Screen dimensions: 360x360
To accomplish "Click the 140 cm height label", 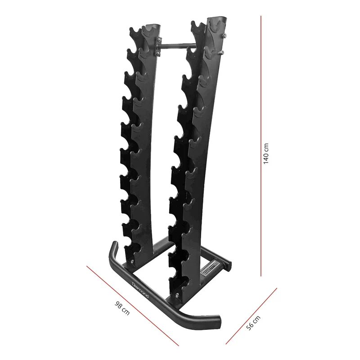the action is click(x=265, y=153).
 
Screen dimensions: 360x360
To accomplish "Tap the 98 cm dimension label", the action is click(x=122, y=308).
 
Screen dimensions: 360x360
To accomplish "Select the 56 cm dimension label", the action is click(x=253, y=323).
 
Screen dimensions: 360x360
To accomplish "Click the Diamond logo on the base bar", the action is click(x=141, y=289).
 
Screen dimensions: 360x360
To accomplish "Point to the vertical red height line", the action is click(x=261, y=146).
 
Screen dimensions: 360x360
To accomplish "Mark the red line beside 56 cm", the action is click(x=252, y=316).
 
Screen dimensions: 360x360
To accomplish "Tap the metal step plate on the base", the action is click(x=210, y=268).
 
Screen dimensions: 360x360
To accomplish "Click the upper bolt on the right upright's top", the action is click(x=224, y=36).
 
